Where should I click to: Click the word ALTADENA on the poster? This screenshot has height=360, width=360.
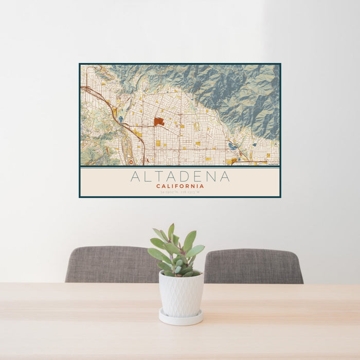coord(180,177)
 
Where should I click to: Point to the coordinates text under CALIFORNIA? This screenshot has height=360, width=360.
coord(180,192)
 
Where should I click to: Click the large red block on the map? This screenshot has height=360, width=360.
coord(158,122)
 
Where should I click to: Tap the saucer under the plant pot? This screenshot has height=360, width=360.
coord(181,318)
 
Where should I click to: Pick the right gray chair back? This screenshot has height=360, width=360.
coord(253,265)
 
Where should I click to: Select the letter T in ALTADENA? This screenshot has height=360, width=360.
coord(158,177)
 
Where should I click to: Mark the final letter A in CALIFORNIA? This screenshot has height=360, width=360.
coord(202,186)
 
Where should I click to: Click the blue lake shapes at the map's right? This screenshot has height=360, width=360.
coord(233,146)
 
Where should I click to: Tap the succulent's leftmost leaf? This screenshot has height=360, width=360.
coord(154,253)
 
